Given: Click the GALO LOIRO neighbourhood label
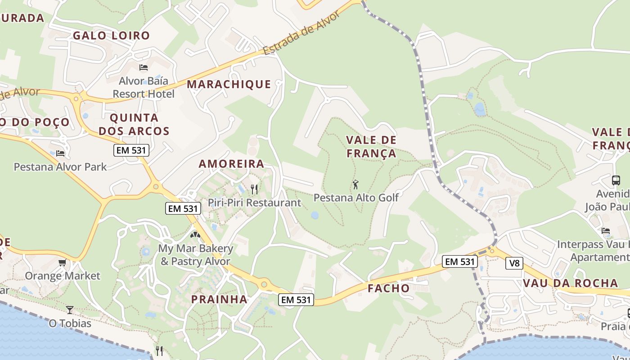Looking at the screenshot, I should click(x=111, y=36).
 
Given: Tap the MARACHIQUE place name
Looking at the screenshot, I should click(x=229, y=84).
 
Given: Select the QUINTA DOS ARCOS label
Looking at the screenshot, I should click(x=134, y=125).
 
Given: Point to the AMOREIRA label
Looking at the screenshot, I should click(x=231, y=164).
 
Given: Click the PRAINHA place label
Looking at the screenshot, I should click(x=219, y=299).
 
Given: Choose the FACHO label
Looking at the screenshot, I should click(x=389, y=288).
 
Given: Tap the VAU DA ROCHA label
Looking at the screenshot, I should click(x=570, y=283).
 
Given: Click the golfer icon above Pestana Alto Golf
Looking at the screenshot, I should click(x=356, y=184).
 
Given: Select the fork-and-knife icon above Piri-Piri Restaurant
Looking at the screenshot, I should click(x=254, y=189).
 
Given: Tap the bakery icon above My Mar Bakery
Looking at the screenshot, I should click(x=195, y=234).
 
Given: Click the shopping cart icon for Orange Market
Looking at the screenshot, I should click(x=63, y=262).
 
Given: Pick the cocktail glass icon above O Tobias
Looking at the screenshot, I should click(x=70, y=310).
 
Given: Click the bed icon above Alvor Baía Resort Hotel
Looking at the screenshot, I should click(x=144, y=67).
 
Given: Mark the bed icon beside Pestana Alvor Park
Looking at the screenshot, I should click(x=60, y=153).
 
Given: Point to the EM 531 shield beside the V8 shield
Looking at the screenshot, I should click(x=459, y=261).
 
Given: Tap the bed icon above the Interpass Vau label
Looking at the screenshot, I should click(x=606, y=231).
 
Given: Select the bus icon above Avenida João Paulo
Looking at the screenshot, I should click(x=616, y=180).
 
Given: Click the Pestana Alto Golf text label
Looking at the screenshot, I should click(x=356, y=198).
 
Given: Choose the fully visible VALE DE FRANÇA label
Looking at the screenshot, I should click(x=371, y=147).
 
